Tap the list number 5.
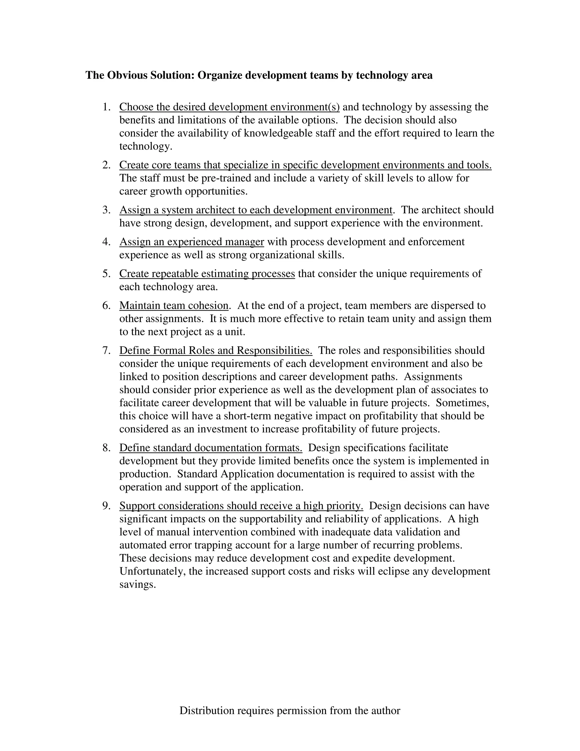[106, 274]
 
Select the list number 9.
[106, 506]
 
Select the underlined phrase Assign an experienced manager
[191, 242]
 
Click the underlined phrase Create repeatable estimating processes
[207, 274]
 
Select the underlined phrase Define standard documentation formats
[211, 448]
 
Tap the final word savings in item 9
[137, 585]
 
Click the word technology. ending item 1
[145, 147]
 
